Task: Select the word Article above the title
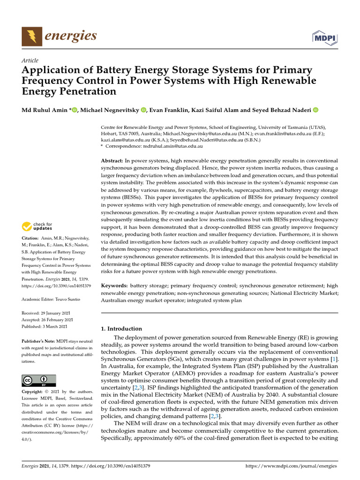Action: point(30,60)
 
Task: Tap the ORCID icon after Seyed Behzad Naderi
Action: point(315,110)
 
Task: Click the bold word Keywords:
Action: point(114,285)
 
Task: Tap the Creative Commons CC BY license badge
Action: point(39,380)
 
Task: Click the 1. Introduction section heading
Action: point(121,329)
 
